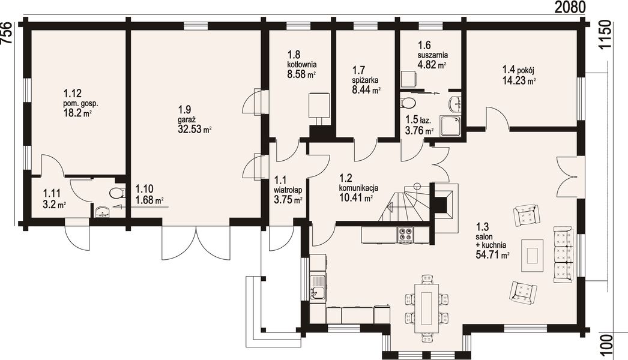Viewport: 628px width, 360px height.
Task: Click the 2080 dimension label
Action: tap(569, 8)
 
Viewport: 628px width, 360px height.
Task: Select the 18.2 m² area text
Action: tap(77, 113)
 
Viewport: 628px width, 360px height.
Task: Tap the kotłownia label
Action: tap(302, 64)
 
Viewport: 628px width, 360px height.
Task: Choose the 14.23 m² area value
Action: tap(519, 81)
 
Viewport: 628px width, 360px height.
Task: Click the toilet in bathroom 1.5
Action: tap(408, 102)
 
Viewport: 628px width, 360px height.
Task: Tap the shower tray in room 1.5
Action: tap(451, 126)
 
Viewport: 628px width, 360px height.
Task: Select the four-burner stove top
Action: tap(405, 235)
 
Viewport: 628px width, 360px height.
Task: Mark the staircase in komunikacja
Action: tap(405, 203)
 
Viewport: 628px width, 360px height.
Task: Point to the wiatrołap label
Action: tap(288, 190)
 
